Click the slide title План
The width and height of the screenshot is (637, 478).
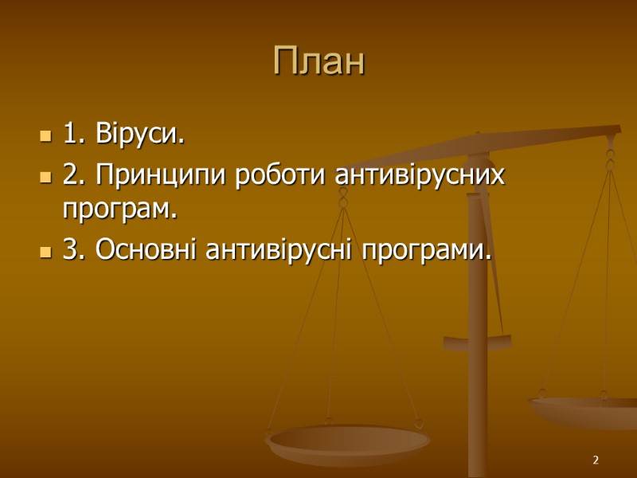click(318, 61)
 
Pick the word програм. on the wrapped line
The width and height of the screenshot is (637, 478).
click(119, 211)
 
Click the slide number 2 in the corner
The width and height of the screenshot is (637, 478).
click(595, 461)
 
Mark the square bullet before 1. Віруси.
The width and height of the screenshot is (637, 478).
click(45, 136)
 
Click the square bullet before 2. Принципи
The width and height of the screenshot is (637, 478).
click(45, 176)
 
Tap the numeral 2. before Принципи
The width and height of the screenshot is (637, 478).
click(74, 175)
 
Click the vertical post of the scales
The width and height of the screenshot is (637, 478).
click(477, 319)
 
